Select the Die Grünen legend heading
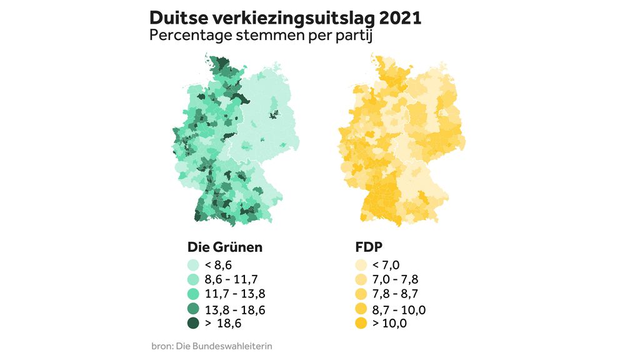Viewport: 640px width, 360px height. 225,247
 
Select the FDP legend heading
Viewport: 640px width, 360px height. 369,247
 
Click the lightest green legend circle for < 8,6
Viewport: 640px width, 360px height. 194,265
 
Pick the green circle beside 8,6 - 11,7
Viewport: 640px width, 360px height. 194,279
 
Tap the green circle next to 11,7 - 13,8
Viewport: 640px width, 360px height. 194,294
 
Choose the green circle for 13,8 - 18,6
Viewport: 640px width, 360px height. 194,309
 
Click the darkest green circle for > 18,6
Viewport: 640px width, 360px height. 194,322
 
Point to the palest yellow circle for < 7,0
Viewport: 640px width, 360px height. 361,265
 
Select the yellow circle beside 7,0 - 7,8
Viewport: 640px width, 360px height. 361,279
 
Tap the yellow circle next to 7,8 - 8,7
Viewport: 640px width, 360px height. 361,294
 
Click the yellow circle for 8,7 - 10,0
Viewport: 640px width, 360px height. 361,309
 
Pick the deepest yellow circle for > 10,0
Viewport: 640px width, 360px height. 361,322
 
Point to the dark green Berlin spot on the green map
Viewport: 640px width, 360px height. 273,114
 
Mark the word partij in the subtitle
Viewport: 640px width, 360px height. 353,36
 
